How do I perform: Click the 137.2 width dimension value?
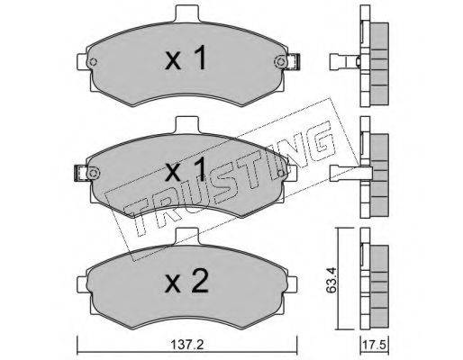click(187, 345)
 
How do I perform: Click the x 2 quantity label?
click(186, 282)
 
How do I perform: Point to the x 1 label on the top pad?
click(186, 58)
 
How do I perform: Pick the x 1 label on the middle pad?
click(186, 170)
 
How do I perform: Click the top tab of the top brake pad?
click(186, 14)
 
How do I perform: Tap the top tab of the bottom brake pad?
click(186, 236)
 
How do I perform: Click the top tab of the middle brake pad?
click(186, 125)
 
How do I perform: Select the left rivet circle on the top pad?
click(94, 62)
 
